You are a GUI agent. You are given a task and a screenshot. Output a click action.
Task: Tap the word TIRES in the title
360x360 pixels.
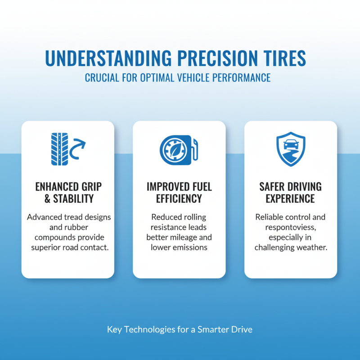point(283,59)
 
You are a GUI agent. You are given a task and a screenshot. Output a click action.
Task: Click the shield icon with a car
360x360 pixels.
point(290,148)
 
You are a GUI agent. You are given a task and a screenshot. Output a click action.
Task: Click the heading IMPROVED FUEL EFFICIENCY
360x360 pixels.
point(179,192)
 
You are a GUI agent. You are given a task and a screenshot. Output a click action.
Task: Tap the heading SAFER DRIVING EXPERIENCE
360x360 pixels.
point(290,192)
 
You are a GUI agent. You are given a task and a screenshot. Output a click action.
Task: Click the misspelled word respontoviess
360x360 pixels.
point(291,227)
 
